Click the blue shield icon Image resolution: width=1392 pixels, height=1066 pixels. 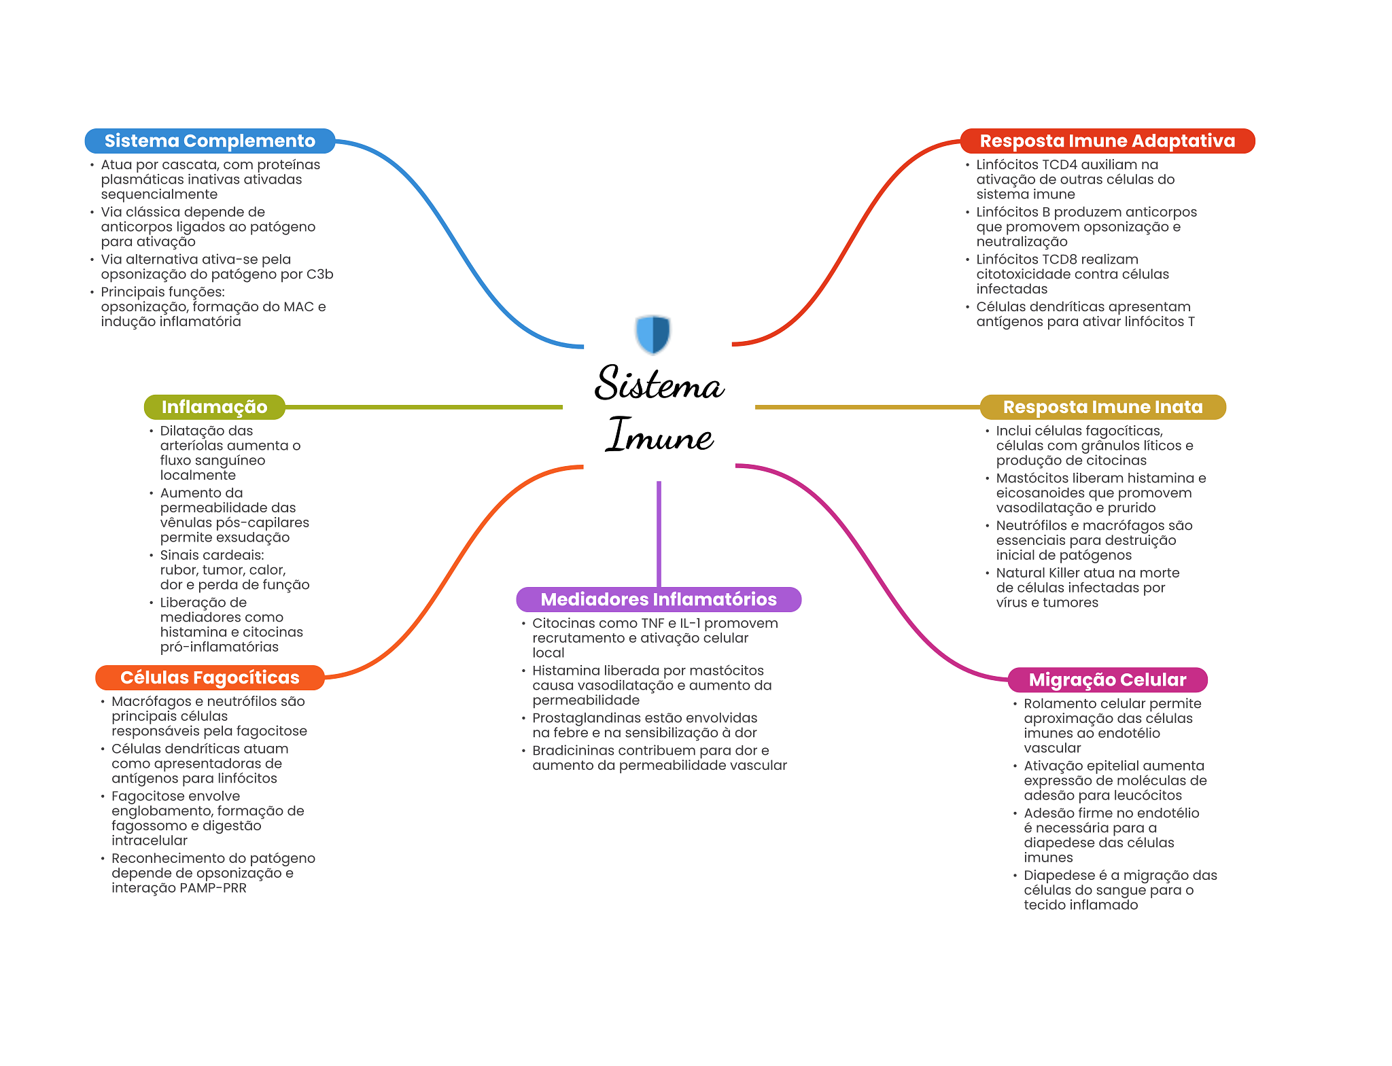[x=653, y=334]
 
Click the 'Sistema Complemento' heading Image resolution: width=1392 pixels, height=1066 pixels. [x=210, y=141]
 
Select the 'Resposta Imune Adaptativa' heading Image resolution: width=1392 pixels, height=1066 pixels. [x=1107, y=141]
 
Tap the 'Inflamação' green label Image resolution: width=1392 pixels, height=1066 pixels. [x=214, y=407]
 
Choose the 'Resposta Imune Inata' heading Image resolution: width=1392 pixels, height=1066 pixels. [x=1102, y=407]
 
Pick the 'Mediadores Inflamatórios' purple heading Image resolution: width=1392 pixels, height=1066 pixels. [x=659, y=599]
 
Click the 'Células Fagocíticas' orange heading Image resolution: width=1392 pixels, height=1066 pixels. [x=210, y=677]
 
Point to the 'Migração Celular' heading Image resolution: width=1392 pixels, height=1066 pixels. [x=1107, y=679]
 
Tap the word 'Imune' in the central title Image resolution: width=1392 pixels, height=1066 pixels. [x=660, y=435]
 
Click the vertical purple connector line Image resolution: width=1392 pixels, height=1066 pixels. [x=659, y=534]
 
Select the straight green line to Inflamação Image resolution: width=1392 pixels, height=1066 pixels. [x=423, y=407]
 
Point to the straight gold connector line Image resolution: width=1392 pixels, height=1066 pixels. [x=867, y=407]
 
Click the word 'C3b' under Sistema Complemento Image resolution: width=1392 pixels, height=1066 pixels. [x=319, y=274]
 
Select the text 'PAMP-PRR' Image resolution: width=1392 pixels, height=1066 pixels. [x=213, y=888]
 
